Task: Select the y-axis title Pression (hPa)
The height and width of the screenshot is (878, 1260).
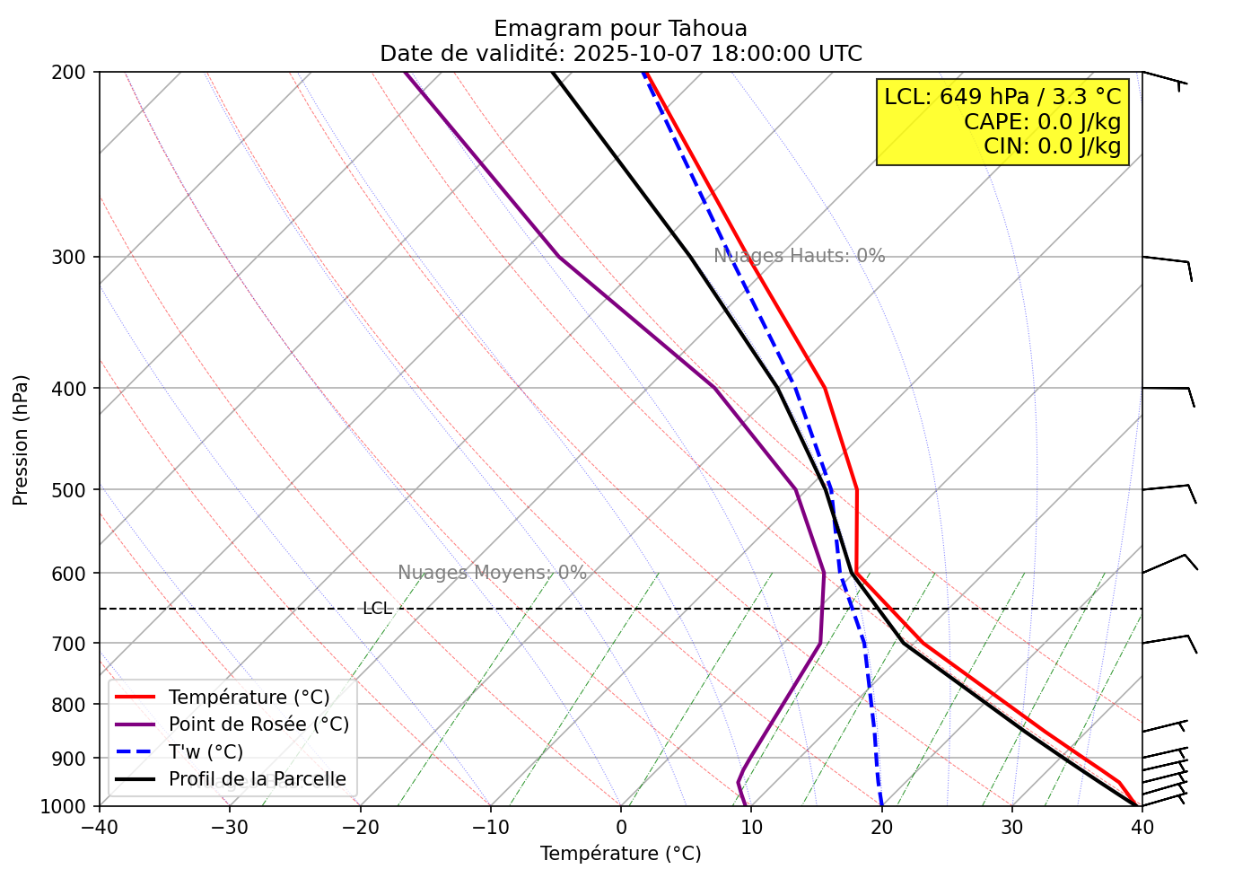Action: click(x=21, y=440)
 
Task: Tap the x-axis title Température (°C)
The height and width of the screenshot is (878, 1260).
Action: click(x=621, y=854)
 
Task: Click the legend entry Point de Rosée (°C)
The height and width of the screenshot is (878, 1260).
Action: click(x=258, y=724)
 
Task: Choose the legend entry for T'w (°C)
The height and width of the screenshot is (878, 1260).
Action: click(x=206, y=752)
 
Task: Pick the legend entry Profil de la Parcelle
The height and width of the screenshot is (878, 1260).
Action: click(x=257, y=779)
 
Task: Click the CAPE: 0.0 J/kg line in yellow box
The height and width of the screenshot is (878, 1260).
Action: click(x=1042, y=121)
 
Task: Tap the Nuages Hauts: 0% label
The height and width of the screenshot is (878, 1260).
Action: click(x=799, y=256)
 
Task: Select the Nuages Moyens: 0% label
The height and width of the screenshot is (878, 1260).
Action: click(x=492, y=573)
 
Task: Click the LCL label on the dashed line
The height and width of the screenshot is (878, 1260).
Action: click(x=377, y=609)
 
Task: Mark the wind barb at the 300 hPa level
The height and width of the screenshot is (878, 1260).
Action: click(x=1167, y=262)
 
